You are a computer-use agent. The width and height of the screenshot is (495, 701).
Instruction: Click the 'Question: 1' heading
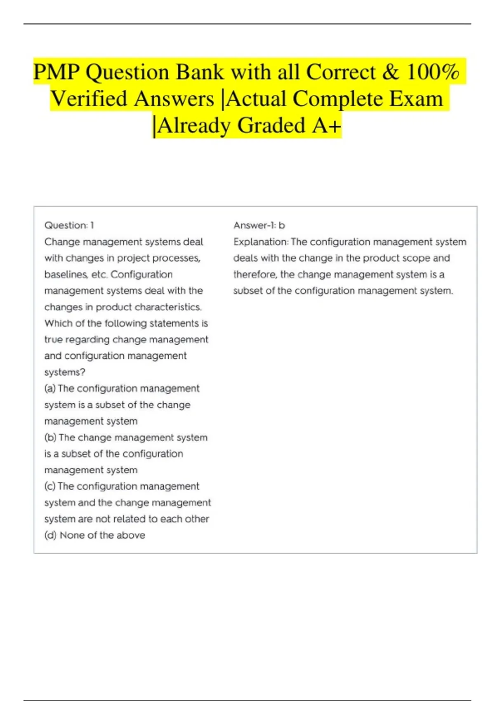click(69, 226)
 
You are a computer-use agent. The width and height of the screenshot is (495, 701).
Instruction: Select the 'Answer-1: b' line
click(259, 226)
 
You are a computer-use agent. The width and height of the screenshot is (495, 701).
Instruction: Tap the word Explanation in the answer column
click(260, 242)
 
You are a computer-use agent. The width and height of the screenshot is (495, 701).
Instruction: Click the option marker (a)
click(50, 388)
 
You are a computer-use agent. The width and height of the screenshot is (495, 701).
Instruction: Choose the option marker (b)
click(50, 438)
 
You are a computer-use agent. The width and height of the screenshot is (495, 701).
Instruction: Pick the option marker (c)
click(50, 487)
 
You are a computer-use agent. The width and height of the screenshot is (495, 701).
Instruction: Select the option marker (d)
click(50, 535)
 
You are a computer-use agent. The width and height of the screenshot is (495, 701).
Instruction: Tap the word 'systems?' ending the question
click(65, 372)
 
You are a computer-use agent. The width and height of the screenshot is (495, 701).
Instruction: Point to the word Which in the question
click(58, 323)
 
